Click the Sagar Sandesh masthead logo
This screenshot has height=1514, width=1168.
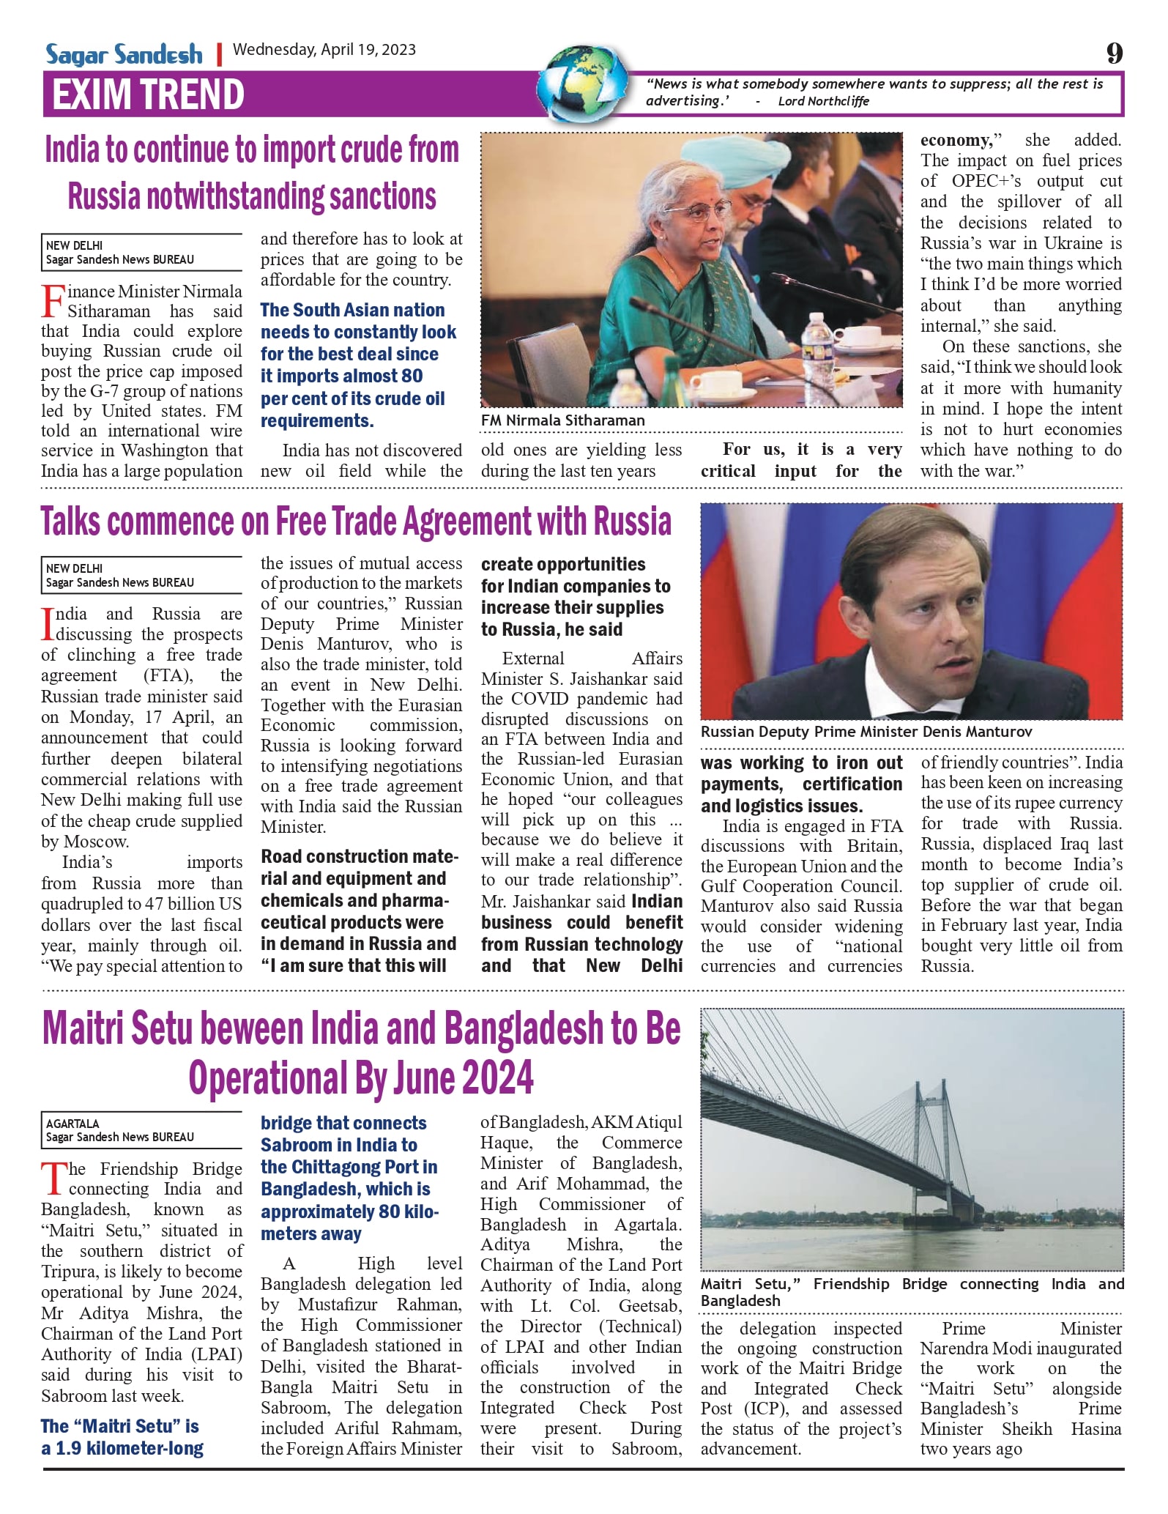click(124, 54)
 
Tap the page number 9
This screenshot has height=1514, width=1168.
click(1114, 53)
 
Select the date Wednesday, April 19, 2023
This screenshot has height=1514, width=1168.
click(324, 50)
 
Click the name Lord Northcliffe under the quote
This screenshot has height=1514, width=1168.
click(823, 101)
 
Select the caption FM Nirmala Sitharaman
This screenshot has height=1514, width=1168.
click(562, 420)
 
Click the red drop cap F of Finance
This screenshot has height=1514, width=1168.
click(53, 301)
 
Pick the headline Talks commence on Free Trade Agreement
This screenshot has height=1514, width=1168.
click(356, 522)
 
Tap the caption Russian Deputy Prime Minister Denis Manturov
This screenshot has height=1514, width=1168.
click(866, 732)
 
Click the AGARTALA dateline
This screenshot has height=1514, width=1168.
click(72, 1124)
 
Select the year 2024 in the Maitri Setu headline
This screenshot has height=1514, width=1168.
click(498, 1077)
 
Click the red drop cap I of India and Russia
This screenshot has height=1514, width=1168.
click(48, 623)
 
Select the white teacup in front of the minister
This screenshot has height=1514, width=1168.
click(718, 382)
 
